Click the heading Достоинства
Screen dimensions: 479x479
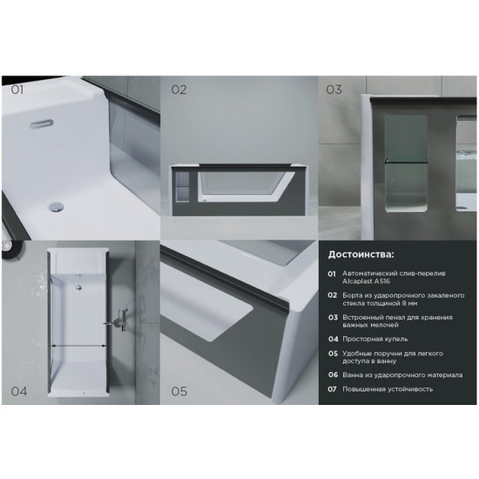click(361, 254)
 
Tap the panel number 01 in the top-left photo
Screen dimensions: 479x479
click(17, 90)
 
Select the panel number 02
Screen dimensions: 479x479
click(179, 90)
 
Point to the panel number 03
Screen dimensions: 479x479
click(334, 90)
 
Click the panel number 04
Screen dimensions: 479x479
click(19, 391)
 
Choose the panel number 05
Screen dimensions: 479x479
click(179, 391)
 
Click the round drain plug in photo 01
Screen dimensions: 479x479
click(57, 206)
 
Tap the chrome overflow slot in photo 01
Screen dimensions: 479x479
click(42, 125)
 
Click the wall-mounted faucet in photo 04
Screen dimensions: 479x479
click(118, 320)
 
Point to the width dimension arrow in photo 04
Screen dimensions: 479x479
click(78, 346)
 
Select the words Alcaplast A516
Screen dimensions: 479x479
click(366, 281)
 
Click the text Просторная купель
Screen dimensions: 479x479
click(374, 339)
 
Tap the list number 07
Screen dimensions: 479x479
click(332, 389)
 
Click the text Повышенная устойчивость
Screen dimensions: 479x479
click(388, 389)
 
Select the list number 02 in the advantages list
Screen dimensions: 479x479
click(333, 295)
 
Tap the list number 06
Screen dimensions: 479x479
click(333, 374)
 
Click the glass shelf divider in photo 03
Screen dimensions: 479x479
click(406, 162)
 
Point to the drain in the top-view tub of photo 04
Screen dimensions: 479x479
click(79, 287)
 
